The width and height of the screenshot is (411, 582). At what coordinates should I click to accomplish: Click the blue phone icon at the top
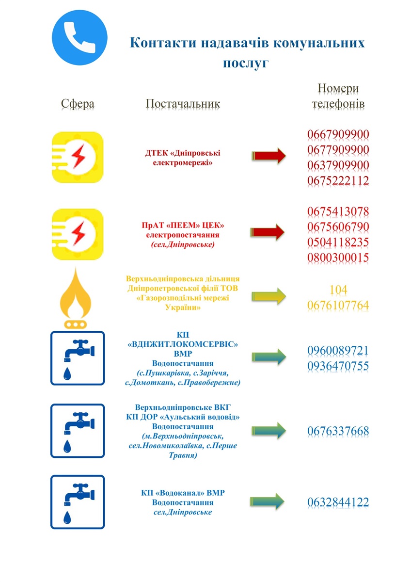tap(79, 37)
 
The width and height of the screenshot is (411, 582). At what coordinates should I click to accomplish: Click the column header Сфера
tap(78, 104)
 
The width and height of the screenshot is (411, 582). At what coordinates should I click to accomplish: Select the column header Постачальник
tap(183, 104)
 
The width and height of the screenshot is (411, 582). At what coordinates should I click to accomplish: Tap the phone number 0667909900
tap(338, 134)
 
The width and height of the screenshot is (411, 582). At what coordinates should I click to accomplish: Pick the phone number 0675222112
tap(338, 180)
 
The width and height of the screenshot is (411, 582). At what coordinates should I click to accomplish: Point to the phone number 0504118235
tap(338, 242)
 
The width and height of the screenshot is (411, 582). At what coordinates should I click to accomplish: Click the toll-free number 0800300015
tap(338, 258)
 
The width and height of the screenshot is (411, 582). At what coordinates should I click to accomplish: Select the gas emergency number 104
tap(338, 290)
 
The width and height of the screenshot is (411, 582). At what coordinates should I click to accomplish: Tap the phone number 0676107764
tap(338, 305)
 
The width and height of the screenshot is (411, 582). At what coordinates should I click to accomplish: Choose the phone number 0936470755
tap(338, 366)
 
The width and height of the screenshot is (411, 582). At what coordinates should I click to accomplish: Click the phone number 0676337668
tap(338, 431)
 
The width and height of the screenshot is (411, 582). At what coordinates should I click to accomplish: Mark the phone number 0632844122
tap(338, 502)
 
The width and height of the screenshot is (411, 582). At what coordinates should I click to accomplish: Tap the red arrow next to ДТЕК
tap(269, 155)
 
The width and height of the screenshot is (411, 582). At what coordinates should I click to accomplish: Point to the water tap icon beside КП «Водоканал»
tap(78, 501)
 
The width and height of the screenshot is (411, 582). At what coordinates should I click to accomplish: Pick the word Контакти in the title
tap(162, 43)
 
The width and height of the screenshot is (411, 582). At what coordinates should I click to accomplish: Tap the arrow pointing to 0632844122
tap(269, 501)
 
